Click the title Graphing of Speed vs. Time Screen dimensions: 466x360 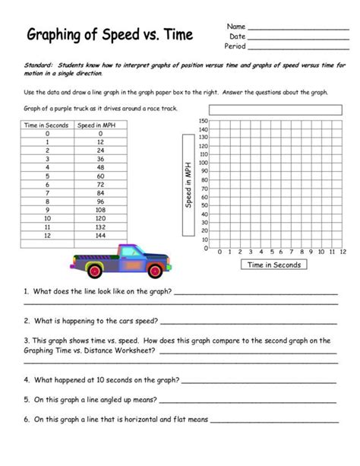(110, 35)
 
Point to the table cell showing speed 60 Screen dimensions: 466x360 (99, 175)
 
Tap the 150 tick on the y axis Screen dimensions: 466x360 (203, 121)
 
